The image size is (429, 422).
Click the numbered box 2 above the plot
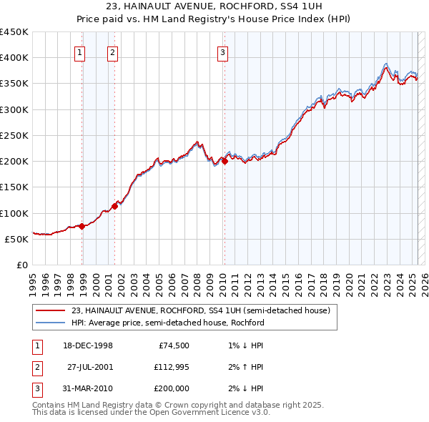(x=112, y=51)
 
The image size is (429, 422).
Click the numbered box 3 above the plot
(x=222, y=51)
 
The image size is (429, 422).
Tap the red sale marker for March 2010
(x=225, y=162)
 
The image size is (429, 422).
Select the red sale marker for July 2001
(x=115, y=206)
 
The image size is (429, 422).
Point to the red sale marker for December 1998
(x=82, y=226)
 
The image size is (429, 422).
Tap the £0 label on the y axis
(x=21, y=265)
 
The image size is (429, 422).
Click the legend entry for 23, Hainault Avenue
(x=200, y=311)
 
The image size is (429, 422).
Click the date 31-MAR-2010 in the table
(x=88, y=388)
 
